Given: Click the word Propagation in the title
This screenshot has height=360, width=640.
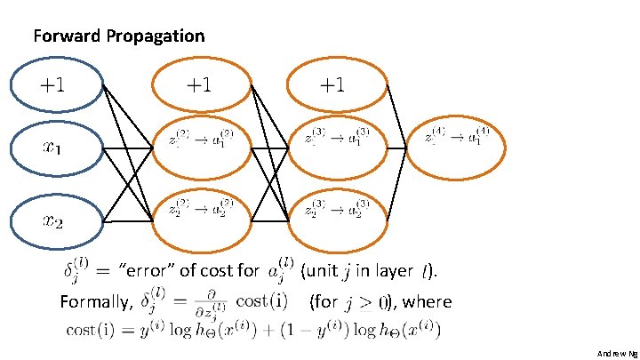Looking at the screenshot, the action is pos(156,36).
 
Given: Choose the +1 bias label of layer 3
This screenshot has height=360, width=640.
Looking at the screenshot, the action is pos(332,86).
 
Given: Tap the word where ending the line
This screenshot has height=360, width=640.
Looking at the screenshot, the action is pos(431,302).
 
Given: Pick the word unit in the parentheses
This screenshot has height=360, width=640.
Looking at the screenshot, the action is pos(324,270).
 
